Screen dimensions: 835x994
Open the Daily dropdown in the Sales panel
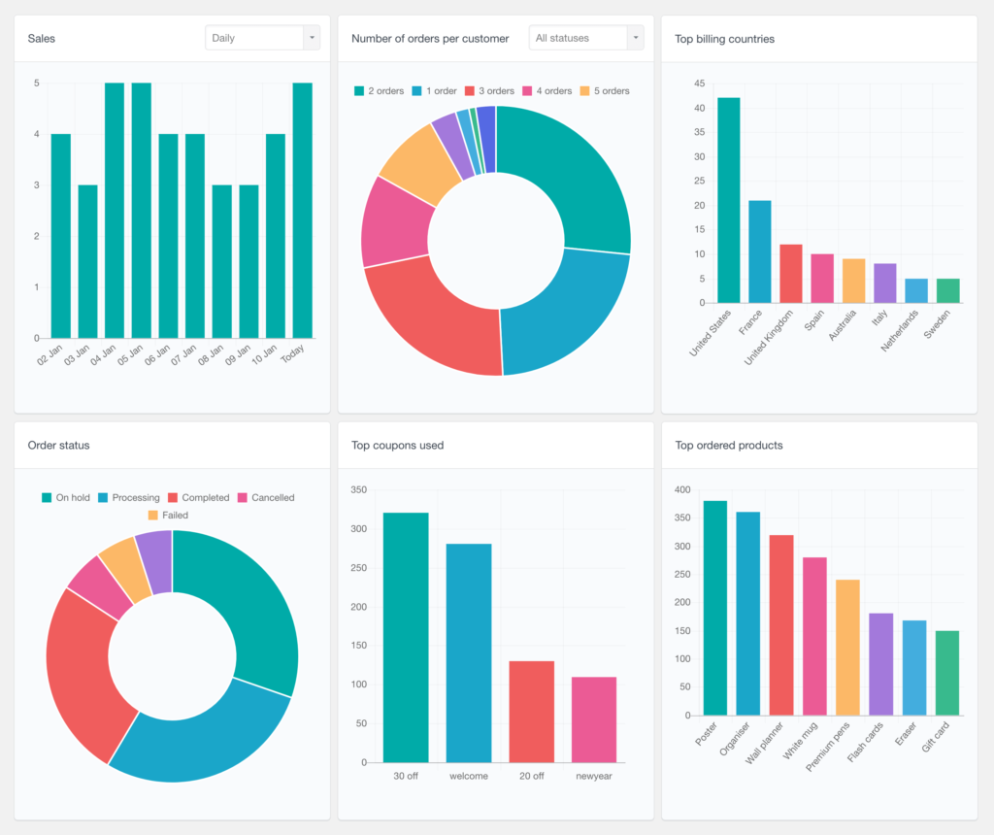(x=262, y=38)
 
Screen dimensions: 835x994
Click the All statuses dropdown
(x=586, y=38)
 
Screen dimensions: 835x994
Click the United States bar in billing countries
(x=728, y=200)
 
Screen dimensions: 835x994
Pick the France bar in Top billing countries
(x=760, y=251)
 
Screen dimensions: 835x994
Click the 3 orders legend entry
(x=489, y=91)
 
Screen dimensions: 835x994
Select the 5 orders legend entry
(x=604, y=91)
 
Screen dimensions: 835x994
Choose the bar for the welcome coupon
(x=469, y=652)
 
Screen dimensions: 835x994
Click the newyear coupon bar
(x=594, y=719)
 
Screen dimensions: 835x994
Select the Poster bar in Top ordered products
(x=715, y=608)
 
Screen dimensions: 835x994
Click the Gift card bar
(x=946, y=673)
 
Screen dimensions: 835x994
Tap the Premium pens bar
(x=847, y=648)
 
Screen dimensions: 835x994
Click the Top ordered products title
(x=729, y=446)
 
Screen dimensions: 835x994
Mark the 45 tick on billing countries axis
(x=698, y=83)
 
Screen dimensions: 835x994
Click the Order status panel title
(x=58, y=446)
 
